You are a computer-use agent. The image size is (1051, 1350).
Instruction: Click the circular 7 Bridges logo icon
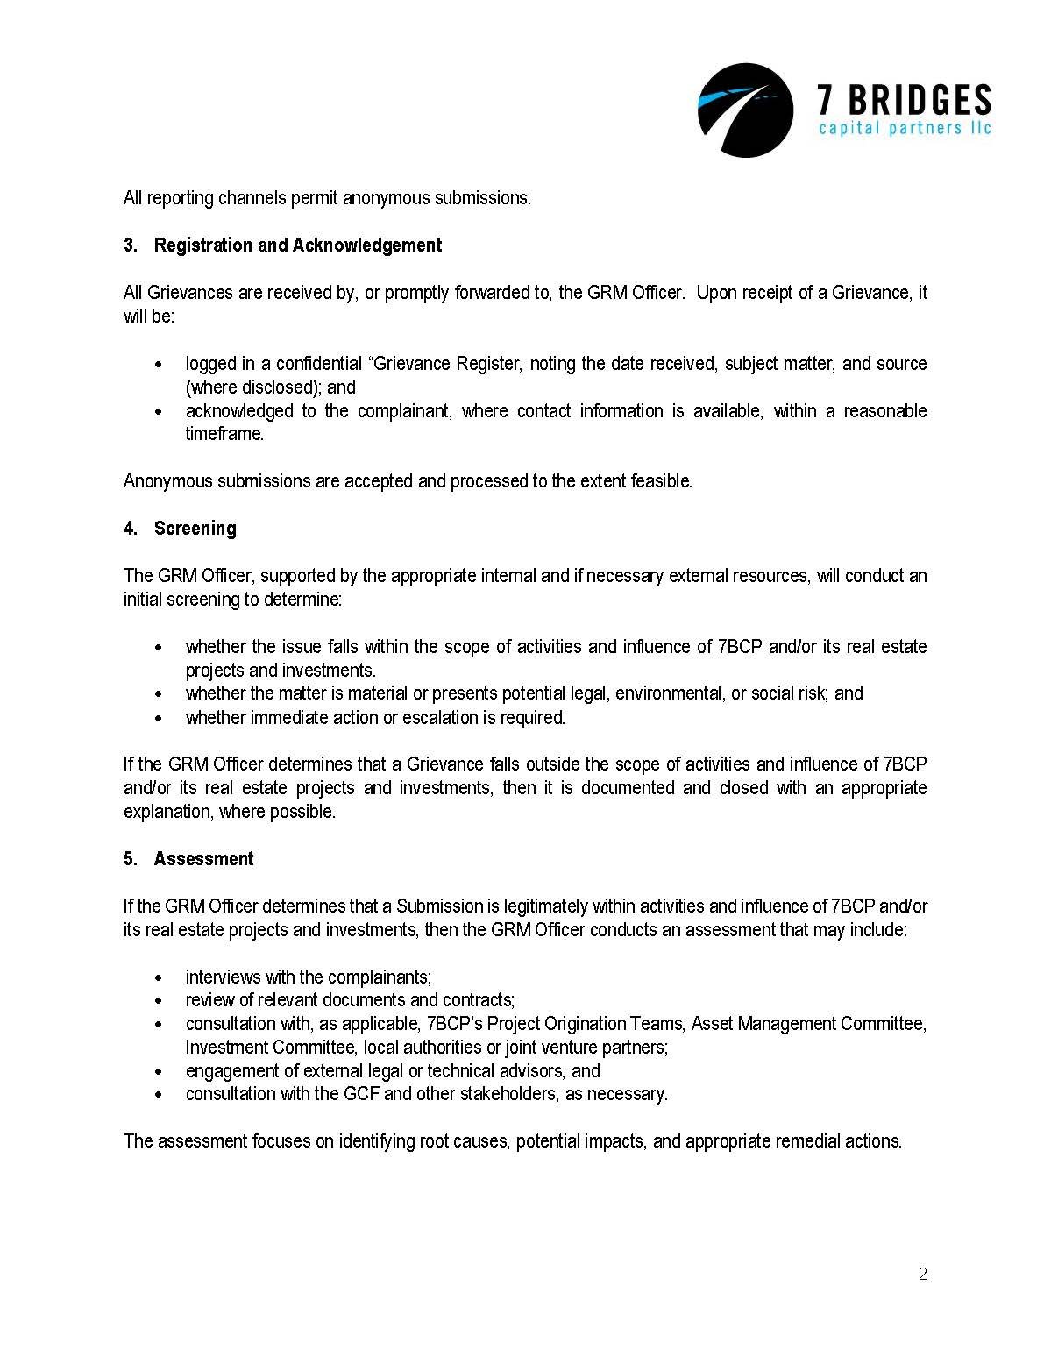pyautogui.click(x=745, y=110)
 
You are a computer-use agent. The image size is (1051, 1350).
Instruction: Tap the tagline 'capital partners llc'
pyautogui.click(x=904, y=130)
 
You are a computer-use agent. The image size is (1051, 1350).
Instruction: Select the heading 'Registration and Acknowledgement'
pyautogui.click(x=297, y=245)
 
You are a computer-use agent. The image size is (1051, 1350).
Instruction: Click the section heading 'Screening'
pyautogui.click(x=195, y=529)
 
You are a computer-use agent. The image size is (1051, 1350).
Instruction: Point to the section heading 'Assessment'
pyautogui.click(x=203, y=859)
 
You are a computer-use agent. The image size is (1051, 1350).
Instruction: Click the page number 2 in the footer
pyautogui.click(x=922, y=1275)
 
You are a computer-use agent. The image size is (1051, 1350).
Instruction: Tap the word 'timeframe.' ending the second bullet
pyautogui.click(x=224, y=434)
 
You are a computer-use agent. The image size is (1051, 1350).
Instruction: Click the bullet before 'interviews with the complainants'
pyautogui.click(x=158, y=977)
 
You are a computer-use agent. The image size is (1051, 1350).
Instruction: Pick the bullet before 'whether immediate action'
pyautogui.click(x=158, y=718)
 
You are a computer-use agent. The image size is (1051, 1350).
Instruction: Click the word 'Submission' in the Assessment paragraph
pyautogui.click(x=439, y=906)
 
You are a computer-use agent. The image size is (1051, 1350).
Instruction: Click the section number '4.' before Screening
pyautogui.click(x=131, y=529)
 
